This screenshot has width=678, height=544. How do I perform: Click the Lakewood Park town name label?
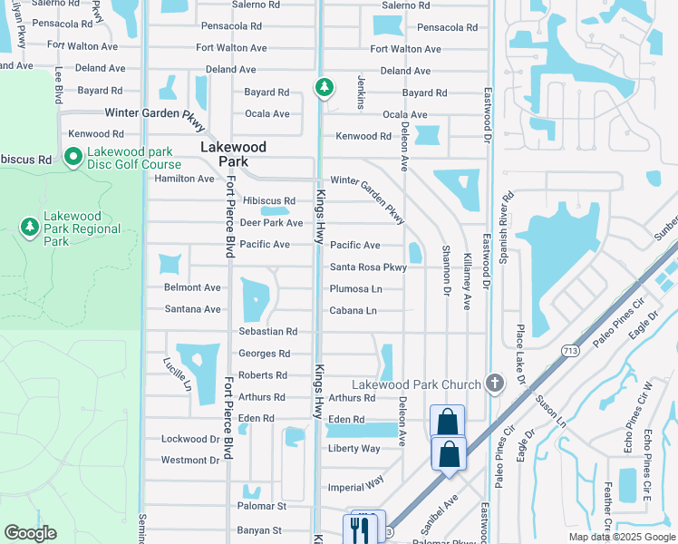pyautogui.click(x=234, y=154)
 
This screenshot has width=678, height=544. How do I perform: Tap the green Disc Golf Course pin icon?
pyautogui.click(x=73, y=156)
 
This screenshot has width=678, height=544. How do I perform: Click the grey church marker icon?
pyautogui.click(x=494, y=382)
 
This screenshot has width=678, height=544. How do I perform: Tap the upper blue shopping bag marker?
pyautogui.click(x=447, y=421)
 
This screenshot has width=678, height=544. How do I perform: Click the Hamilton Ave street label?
pyautogui.click(x=185, y=179)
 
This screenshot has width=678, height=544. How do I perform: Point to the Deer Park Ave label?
pyautogui.click(x=271, y=223)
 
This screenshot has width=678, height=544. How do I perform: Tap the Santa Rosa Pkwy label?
pyautogui.click(x=368, y=267)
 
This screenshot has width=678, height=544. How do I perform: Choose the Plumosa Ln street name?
pyautogui.click(x=355, y=289)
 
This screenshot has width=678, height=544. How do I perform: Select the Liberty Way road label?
pyautogui.click(x=354, y=449)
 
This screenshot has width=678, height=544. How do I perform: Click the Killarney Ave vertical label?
pyautogui.click(x=468, y=281)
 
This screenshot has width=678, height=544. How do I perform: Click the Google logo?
pyautogui.click(x=30, y=533)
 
